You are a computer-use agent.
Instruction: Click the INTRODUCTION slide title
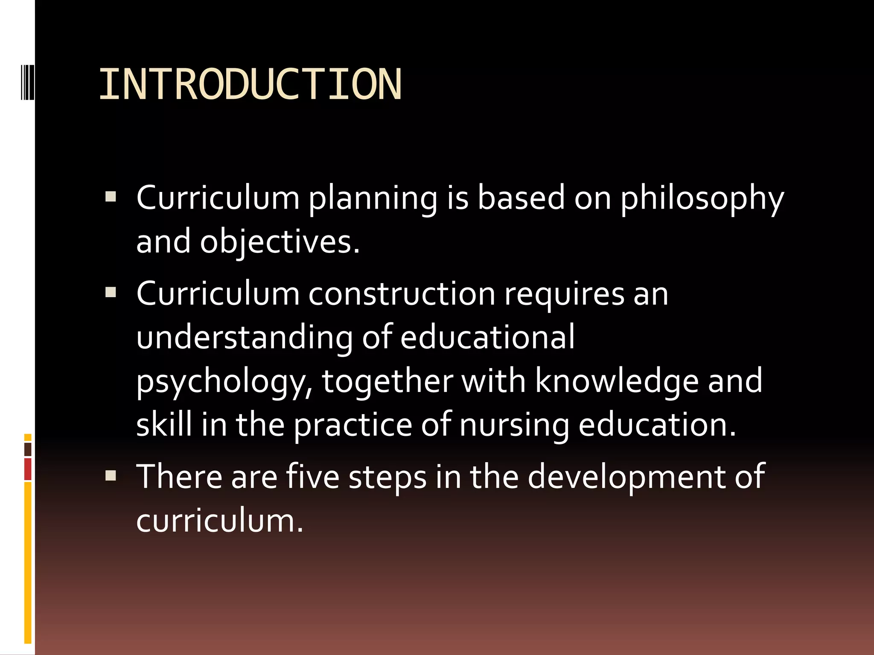click(x=250, y=84)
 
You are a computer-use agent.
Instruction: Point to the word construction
click(x=402, y=294)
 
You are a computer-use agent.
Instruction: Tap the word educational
click(x=487, y=337)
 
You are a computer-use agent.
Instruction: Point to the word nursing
click(x=514, y=426)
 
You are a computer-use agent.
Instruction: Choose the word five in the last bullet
click(x=312, y=476)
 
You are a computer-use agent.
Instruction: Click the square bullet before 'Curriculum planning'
click(x=111, y=197)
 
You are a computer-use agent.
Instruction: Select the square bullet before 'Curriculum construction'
click(x=111, y=292)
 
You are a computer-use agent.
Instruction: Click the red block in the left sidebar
click(x=28, y=469)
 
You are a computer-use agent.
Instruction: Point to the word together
click(x=387, y=381)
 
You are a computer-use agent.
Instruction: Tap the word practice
click(x=353, y=426)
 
